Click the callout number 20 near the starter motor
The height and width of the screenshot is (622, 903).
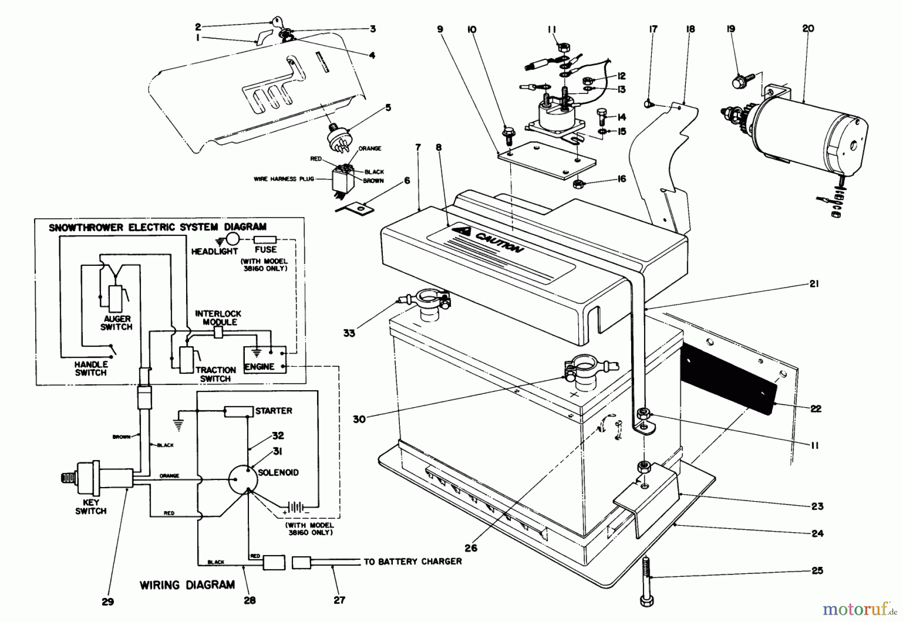point(808,29)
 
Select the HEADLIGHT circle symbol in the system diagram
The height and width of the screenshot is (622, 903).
point(232,239)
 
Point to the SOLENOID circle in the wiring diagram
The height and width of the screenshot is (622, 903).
point(243,479)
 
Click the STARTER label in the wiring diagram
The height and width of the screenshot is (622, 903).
point(273,411)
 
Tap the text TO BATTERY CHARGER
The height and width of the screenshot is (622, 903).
point(412,561)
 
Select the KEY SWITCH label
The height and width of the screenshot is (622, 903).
point(91,507)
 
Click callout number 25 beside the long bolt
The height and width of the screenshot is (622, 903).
point(817,570)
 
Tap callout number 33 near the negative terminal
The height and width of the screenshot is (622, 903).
point(349,333)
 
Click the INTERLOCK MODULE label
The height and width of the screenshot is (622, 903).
point(219,318)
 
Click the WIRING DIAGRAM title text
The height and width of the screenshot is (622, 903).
point(187,584)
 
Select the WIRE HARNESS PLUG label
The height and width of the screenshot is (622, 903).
point(283,179)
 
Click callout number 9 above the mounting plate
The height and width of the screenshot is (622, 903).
point(440,29)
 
